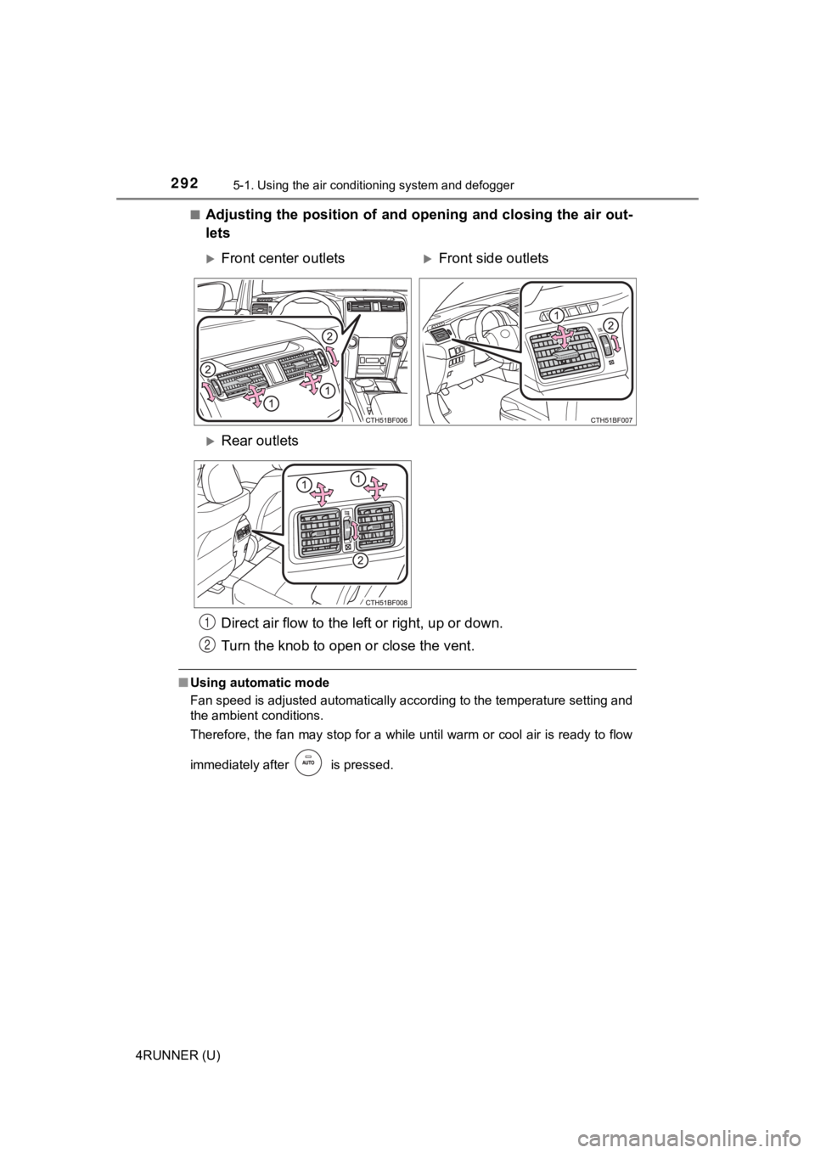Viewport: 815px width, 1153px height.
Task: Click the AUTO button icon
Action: click(x=310, y=762)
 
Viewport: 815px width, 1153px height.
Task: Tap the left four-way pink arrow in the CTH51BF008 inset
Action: click(x=322, y=492)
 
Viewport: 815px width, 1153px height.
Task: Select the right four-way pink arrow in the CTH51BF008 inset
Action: click(x=376, y=492)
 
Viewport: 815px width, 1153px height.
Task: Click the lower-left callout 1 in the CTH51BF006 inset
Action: click(x=270, y=405)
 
